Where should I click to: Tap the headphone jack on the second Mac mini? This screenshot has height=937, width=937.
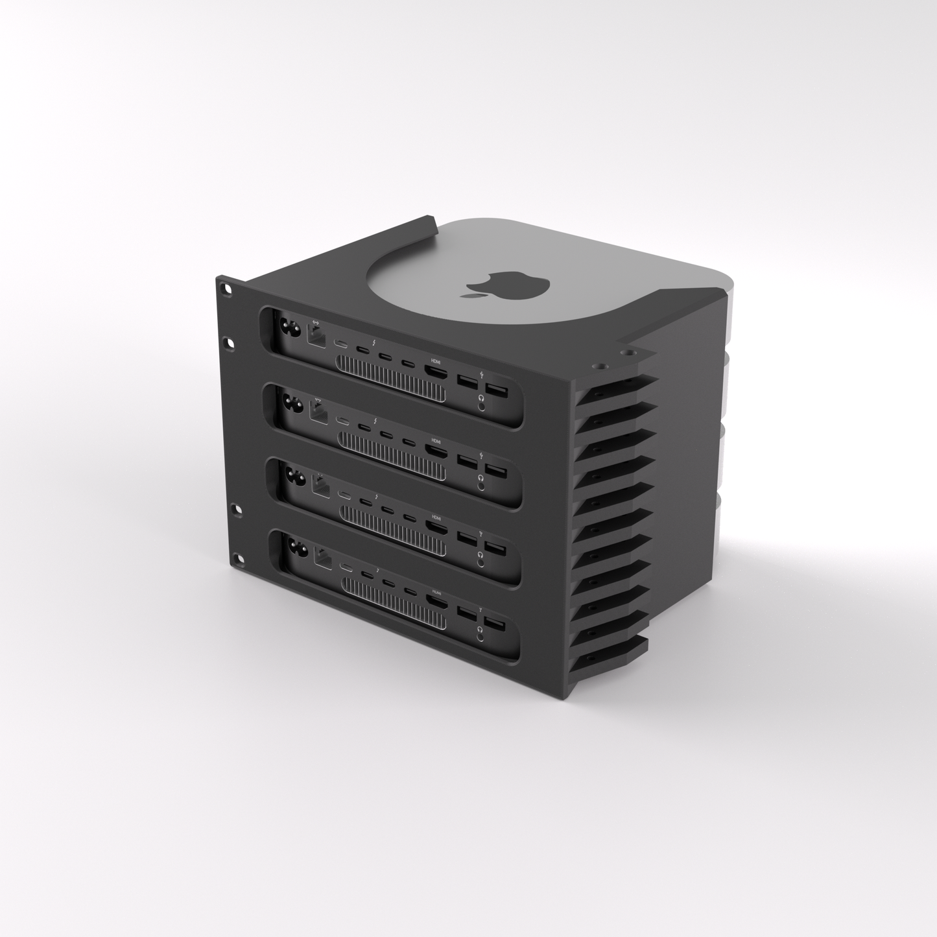(x=481, y=479)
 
